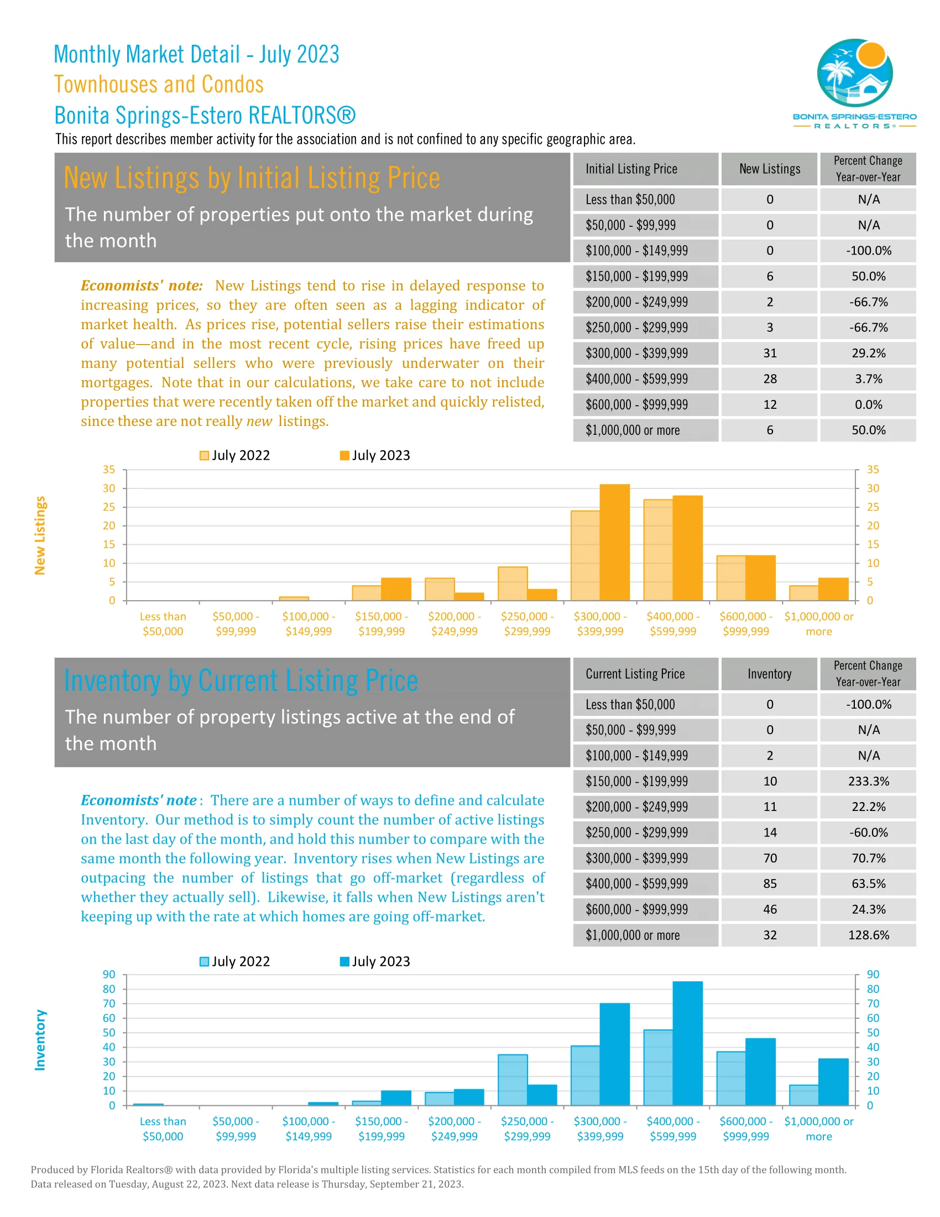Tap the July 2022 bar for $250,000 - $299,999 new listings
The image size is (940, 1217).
[513, 584]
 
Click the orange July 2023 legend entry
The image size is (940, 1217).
[375, 455]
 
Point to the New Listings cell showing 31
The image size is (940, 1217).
[770, 353]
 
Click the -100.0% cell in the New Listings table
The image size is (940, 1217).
[868, 251]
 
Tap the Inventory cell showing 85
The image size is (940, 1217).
[770, 884]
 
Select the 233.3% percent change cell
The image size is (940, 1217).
[868, 781]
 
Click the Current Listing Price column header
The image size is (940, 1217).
[635, 674]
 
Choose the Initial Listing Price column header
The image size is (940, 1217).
[631, 169]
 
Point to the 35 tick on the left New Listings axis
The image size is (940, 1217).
[109, 470]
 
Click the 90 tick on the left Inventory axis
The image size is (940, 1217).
[109, 975]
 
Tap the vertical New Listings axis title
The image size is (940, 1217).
[40, 535]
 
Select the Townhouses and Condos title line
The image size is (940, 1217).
[159, 85]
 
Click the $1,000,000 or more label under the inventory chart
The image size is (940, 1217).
[818, 1129]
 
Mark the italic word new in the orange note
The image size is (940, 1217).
[259, 422]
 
